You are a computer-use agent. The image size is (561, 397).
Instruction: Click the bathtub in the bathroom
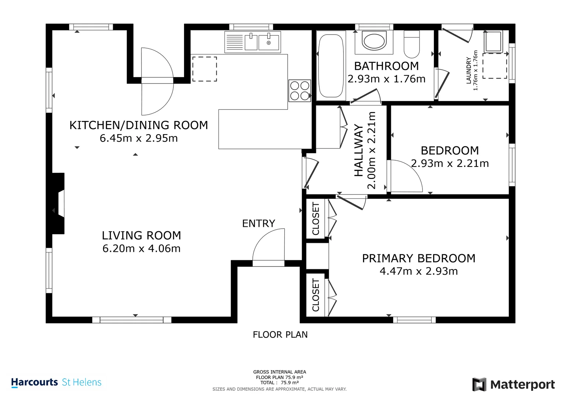click(x=331, y=66)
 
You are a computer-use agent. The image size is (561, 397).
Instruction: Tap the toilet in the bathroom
click(x=412, y=44)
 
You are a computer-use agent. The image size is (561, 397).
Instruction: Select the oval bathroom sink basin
click(x=374, y=41)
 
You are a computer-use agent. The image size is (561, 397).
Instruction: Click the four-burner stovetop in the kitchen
click(x=299, y=90)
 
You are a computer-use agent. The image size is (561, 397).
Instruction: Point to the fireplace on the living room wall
click(x=58, y=203)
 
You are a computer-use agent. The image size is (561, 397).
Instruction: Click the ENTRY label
click(x=259, y=223)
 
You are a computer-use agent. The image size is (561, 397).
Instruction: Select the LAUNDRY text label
click(x=468, y=71)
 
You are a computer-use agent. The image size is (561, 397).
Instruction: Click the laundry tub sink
click(x=493, y=41)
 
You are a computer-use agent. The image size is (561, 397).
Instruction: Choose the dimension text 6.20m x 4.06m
click(x=141, y=248)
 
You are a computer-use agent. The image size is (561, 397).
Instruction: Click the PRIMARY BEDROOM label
click(x=418, y=258)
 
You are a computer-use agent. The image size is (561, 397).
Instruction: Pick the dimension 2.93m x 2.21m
click(x=450, y=164)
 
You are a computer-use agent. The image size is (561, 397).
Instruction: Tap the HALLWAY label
click(x=359, y=150)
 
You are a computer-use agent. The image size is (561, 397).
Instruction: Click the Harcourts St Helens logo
click(x=56, y=382)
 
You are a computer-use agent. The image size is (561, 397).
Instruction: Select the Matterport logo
click(x=513, y=385)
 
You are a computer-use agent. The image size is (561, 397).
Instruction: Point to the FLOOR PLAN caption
click(x=280, y=335)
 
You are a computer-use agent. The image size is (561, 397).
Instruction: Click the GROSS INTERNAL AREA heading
click(x=280, y=372)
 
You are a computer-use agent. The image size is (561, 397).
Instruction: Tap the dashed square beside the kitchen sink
click(x=205, y=69)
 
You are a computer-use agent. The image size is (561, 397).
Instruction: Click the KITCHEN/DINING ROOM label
click(x=139, y=125)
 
